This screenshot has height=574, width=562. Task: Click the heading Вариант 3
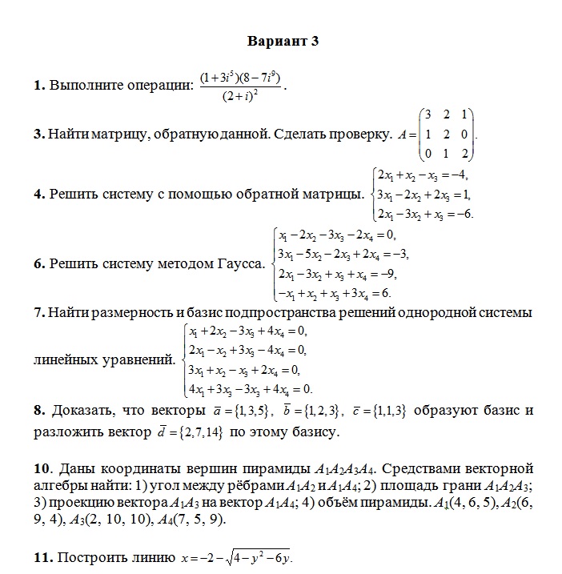283,42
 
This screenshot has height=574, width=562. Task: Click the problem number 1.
38,85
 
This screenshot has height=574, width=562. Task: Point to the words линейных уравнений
104,359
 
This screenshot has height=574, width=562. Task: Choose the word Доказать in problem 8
84,411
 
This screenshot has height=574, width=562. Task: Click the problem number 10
42,468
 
